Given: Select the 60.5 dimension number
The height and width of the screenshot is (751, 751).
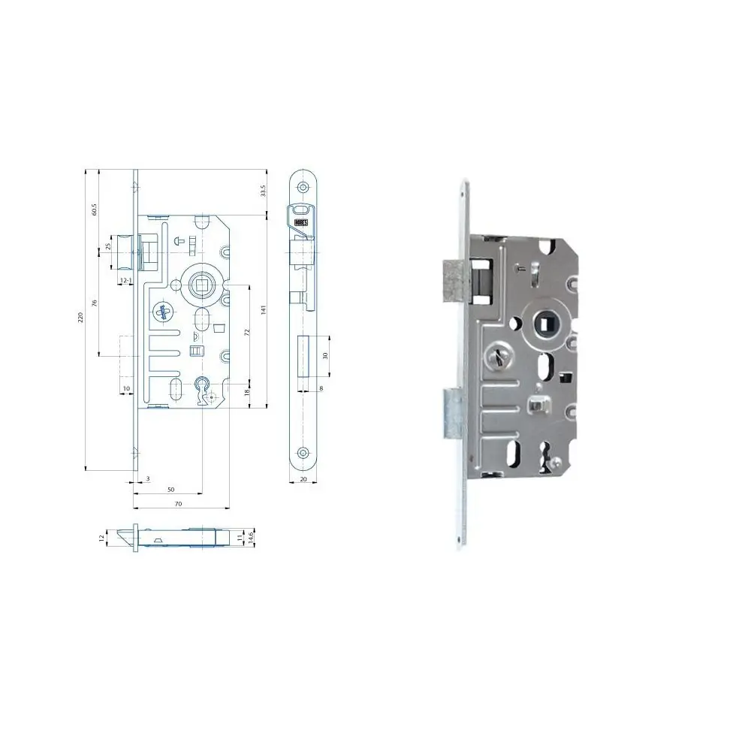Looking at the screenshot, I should click(95, 210).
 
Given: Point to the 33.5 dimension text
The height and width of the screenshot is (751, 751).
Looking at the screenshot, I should click(263, 192).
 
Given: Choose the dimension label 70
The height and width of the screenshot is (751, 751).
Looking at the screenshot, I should click(178, 504).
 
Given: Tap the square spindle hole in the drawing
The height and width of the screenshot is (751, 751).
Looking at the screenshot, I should click(202, 284).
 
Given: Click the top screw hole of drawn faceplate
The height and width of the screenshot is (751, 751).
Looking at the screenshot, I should click(303, 185).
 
